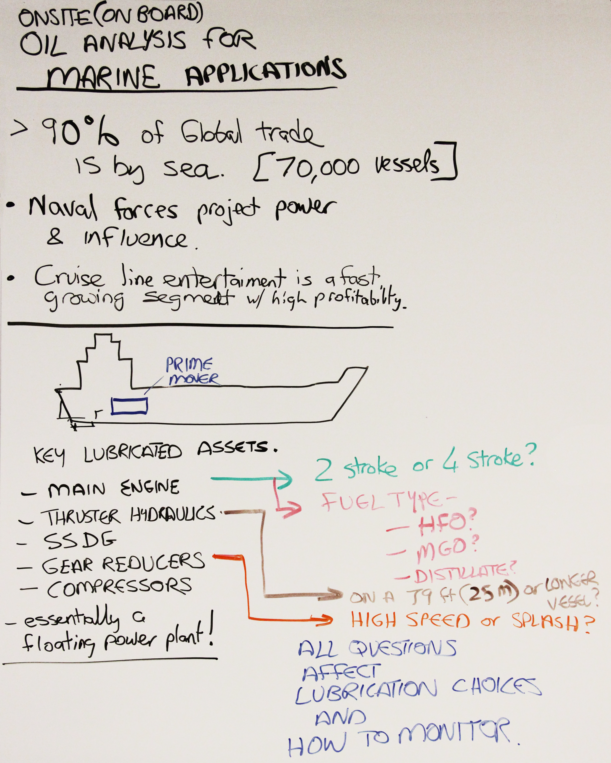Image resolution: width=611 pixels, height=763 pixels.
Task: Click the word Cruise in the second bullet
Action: (69, 277)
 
